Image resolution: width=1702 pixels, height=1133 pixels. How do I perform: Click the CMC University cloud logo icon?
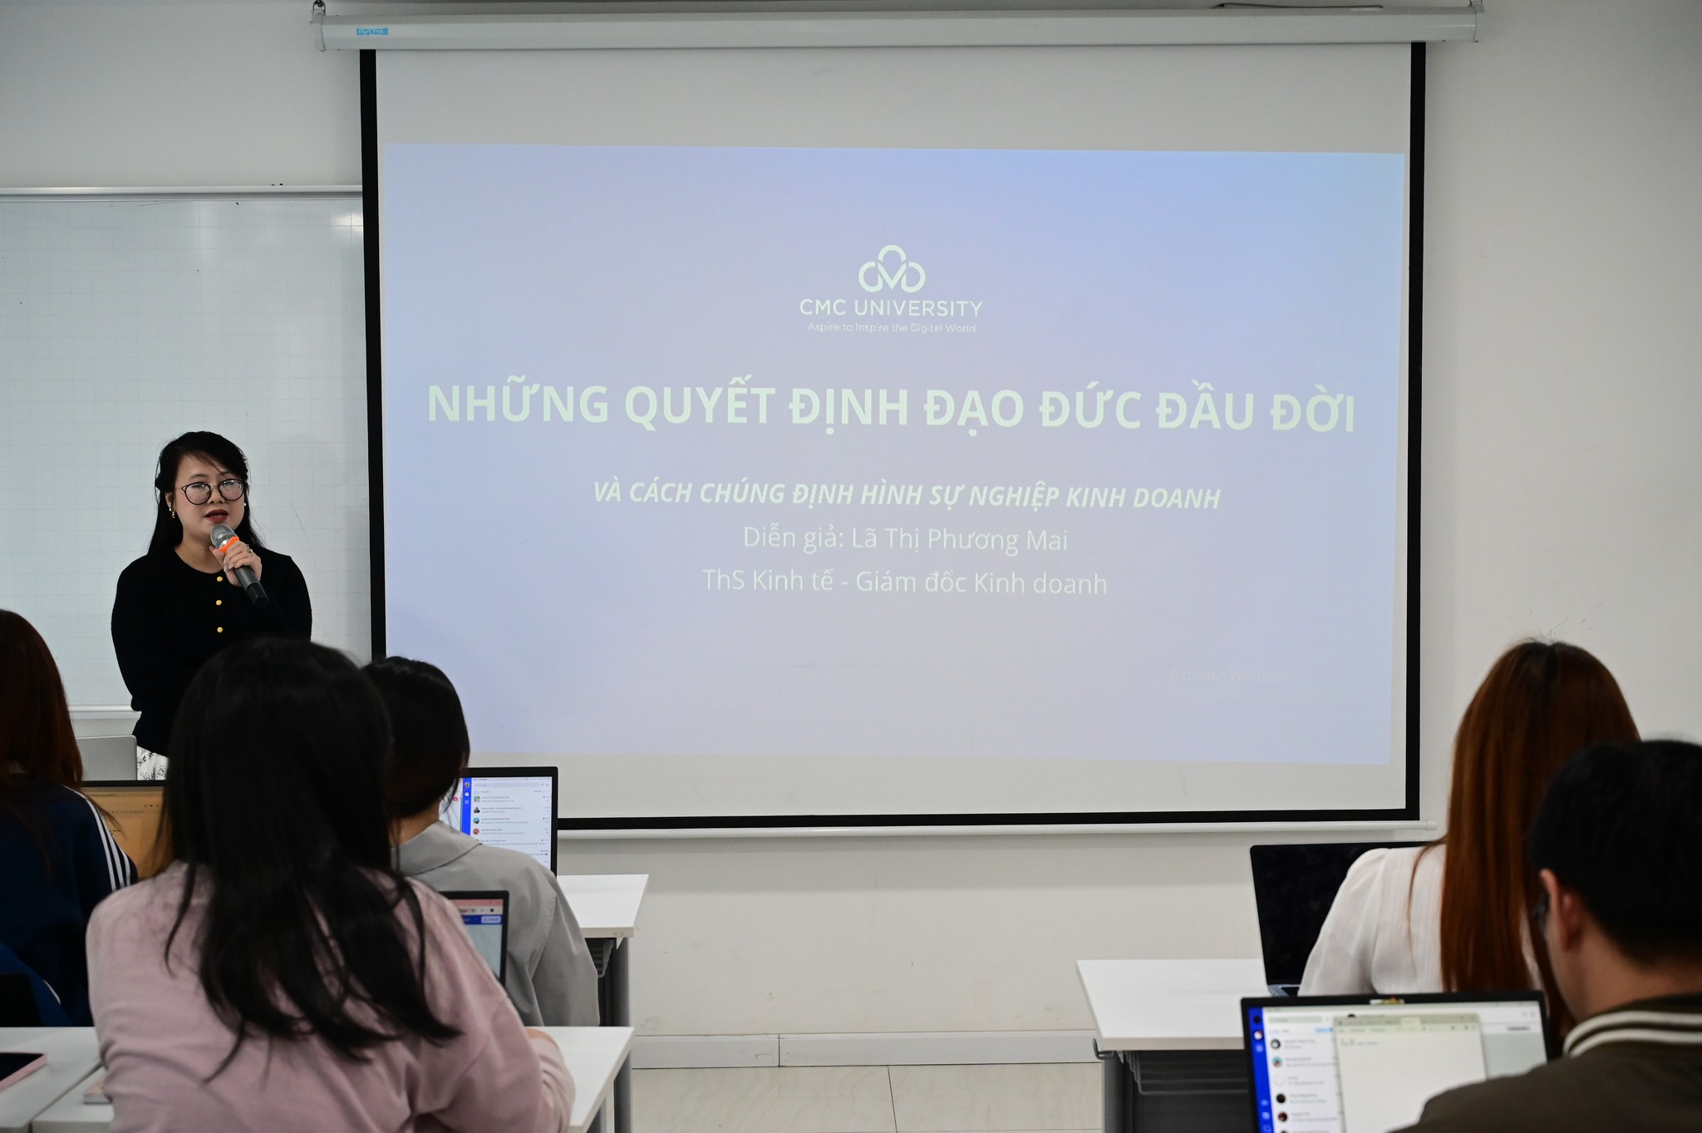(891, 269)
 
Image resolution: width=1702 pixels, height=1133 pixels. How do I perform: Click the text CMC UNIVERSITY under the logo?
(891, 308)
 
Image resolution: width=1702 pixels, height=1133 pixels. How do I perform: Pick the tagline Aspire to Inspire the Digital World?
(891, 328)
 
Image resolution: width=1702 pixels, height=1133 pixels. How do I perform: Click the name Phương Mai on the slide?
(996, 540)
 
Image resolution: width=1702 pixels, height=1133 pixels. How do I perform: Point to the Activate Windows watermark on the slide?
(1230, 675)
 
